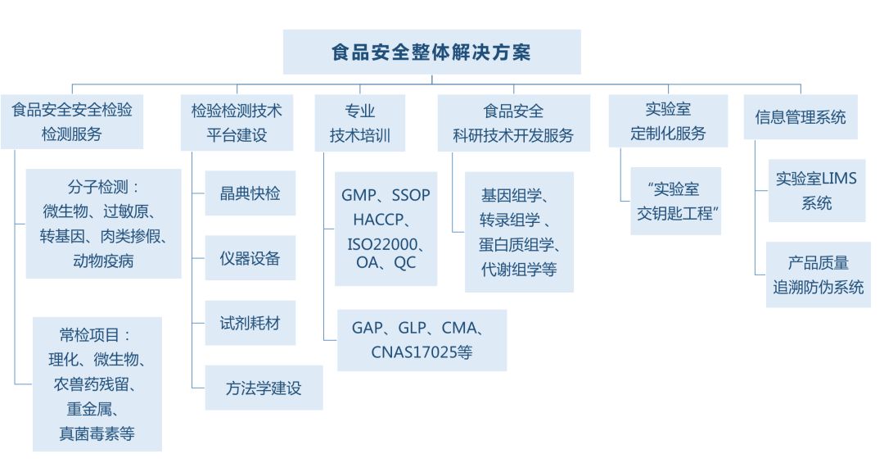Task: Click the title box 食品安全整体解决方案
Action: (x=431, y=52)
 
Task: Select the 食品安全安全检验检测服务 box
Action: (x=72, y=121)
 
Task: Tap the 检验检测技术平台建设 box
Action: (x=237, y=121)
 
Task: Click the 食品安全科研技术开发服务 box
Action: (x=513, y=121)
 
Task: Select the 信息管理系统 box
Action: (x=801, y=117)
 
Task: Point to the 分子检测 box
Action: (x=103, y=224)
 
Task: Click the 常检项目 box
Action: (x=97, y=384)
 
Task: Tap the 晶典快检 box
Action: (x=250, y=193)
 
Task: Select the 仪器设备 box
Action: (x=250, y=258)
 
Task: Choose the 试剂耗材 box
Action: (x=250, y=322)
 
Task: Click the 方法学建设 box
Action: (x=264, y=388)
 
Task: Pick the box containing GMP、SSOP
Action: (x=386, y=229)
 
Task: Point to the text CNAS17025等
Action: (x=422, y=353)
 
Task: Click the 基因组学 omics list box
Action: (x=519, y=232)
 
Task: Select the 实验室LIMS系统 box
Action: (x=816, y=190)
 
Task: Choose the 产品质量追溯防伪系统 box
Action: (x=818, y=275)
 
